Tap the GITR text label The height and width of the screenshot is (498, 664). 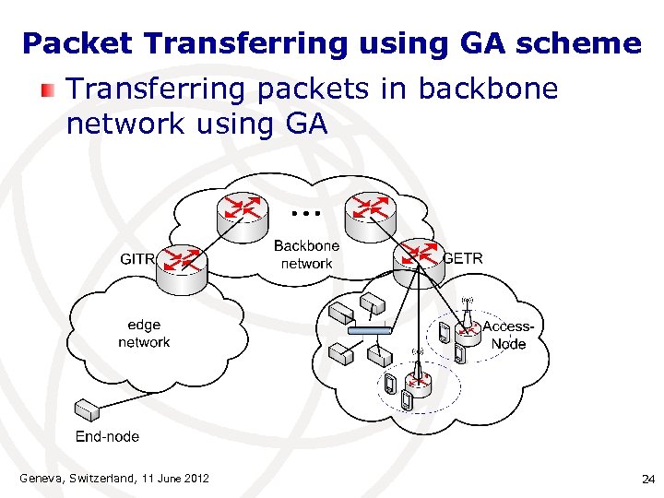pos(137,259)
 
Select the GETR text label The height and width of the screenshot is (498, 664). pos(463,258)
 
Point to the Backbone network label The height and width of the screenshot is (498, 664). pos(306,255)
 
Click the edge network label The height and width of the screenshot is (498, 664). pos(144,333)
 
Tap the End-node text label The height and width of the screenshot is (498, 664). pos(107,436)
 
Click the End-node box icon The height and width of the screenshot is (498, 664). pos(87,408)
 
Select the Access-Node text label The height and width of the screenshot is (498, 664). pos(508,335)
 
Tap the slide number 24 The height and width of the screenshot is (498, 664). pos(646,479)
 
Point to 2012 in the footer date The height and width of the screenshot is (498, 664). pos(196,478)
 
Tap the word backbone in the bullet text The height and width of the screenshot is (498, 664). pos(488,89)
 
